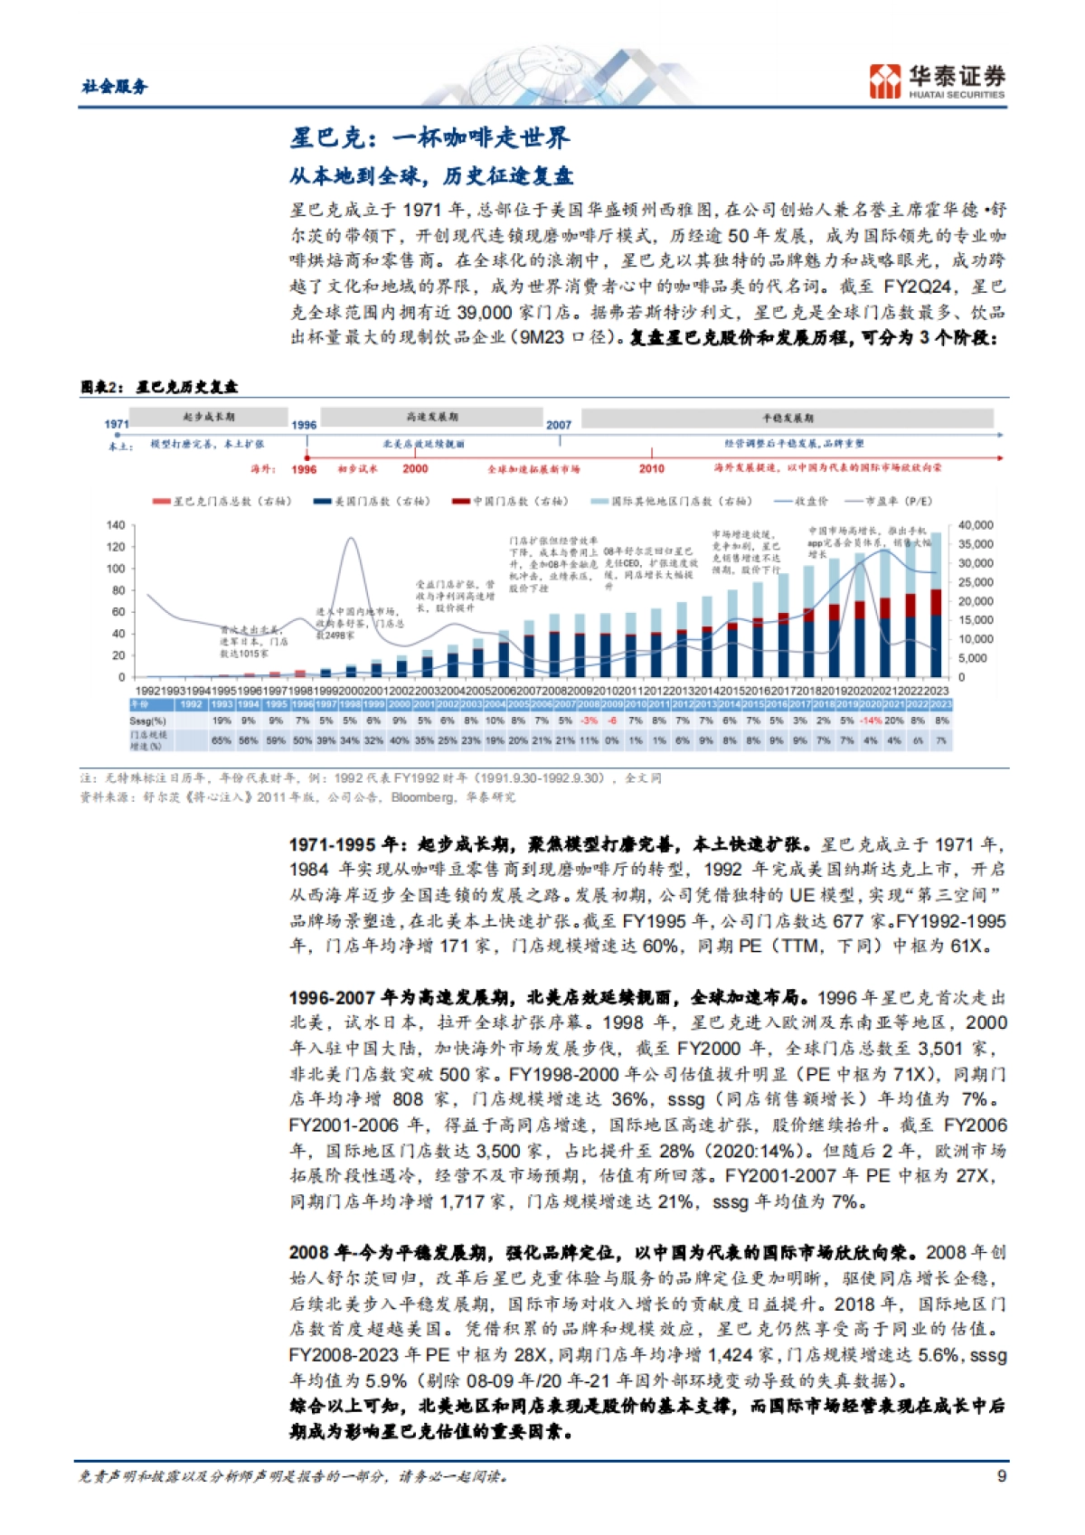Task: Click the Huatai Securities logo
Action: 937,80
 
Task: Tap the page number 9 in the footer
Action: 1001,1475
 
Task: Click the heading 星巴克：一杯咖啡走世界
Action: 429,137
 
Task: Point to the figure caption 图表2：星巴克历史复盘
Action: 159,386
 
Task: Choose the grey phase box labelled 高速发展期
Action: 431,417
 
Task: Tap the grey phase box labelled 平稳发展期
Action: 787,418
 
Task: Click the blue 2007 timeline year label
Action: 559,424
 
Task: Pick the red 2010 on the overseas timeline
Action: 651,468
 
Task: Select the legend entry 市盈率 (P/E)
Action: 888,501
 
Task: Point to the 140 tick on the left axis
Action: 116,525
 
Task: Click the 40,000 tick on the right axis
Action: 976,525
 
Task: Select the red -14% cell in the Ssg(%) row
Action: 870,721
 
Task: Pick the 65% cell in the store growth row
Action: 222,740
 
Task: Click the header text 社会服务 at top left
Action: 114,86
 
